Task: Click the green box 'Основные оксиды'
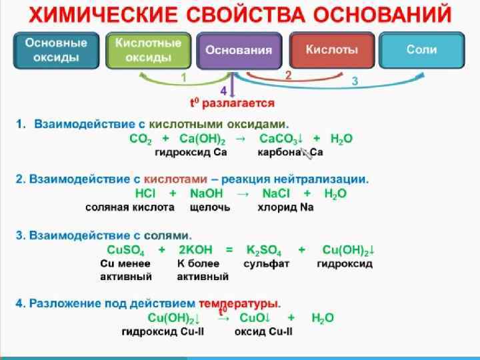pos(57,50)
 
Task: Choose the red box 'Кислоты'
pos(331,50)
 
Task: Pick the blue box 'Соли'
pos(421,50)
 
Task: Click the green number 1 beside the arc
pos(183,78)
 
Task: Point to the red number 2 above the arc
pos(288,75)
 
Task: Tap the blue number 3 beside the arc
pos(355,81)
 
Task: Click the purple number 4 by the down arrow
pos(223,90)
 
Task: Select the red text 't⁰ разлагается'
pos(232,103)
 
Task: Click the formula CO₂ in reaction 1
pos(140,139)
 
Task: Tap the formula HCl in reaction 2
pos(145,193)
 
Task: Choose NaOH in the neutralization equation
pos(206,193)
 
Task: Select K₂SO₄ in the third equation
pos(263,250)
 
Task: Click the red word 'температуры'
pos(243,303)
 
